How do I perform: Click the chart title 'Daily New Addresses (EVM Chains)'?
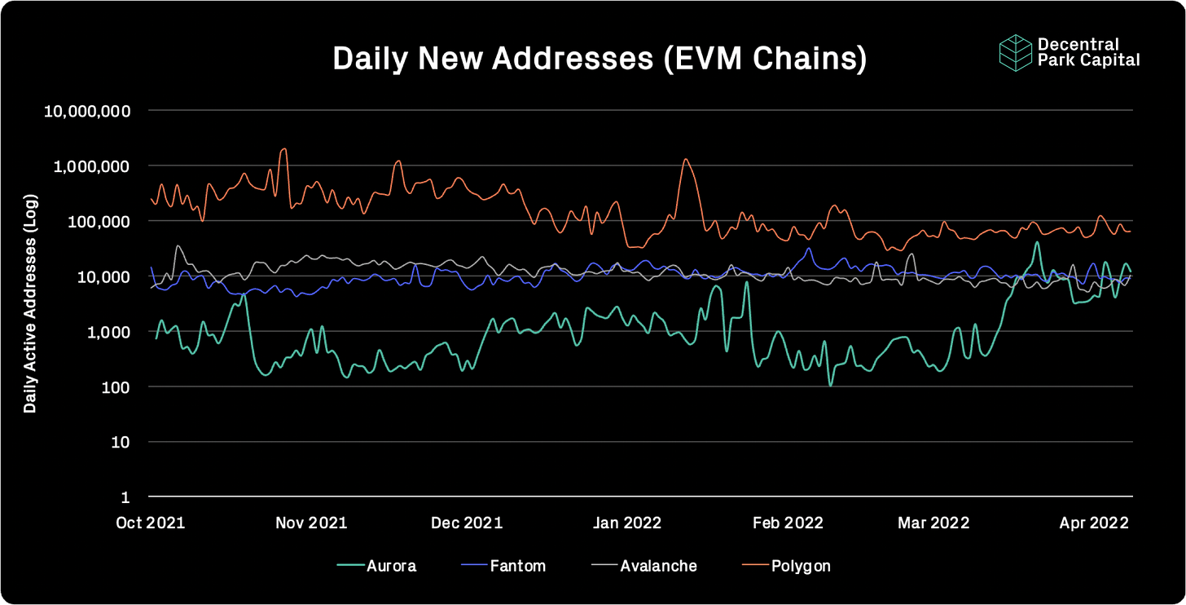coord(600,58)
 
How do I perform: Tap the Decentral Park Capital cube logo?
coord(1015,52)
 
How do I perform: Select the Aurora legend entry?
coord(376,566)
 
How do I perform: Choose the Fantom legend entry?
coord(503,566)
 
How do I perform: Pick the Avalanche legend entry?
coord(644,566)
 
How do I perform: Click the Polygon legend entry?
coord(786,567)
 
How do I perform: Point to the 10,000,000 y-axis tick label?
coord(87,111)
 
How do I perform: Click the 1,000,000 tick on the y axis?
coord(91,166)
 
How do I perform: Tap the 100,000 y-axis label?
coord(99,222)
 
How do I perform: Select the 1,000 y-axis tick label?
coord(108,332)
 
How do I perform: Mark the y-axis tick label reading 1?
coord(125,497)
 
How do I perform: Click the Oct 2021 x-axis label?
coord(151,523)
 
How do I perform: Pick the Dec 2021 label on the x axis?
coord(467,523)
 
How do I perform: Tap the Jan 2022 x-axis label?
coord(627,523)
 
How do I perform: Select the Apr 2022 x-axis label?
coord(1094,523)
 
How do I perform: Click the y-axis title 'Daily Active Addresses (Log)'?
coord(30,303)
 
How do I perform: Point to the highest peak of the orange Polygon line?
coord(284,149)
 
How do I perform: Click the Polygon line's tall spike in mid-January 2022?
coord(686,159)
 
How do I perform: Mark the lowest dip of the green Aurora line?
coord(830,385)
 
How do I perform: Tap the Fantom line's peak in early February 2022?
coord(809,249)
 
